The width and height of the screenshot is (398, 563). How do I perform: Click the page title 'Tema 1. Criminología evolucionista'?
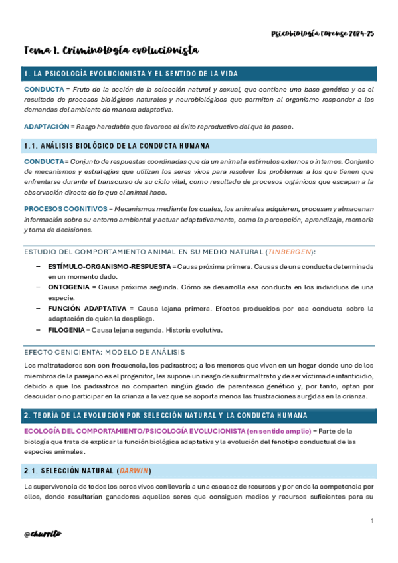point(112,51)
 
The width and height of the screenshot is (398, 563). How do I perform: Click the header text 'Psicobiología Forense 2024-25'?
point(324,33)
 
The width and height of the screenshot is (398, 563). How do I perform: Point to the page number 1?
point(373,521)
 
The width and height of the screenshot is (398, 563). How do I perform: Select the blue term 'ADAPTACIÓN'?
point(47,127)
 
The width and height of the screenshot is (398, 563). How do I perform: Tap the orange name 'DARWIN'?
point(133,471)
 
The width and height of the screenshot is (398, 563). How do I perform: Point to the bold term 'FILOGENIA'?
point(66,330)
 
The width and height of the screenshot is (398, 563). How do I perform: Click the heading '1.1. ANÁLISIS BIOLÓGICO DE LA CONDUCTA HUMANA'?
point(116,145)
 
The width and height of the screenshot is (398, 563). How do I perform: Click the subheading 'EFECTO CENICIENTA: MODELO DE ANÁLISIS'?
point(104,352)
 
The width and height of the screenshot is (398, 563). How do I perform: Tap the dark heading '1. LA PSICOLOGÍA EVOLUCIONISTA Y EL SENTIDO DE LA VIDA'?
point(130,73)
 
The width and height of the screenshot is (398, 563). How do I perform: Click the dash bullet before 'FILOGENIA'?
point(39,330)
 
